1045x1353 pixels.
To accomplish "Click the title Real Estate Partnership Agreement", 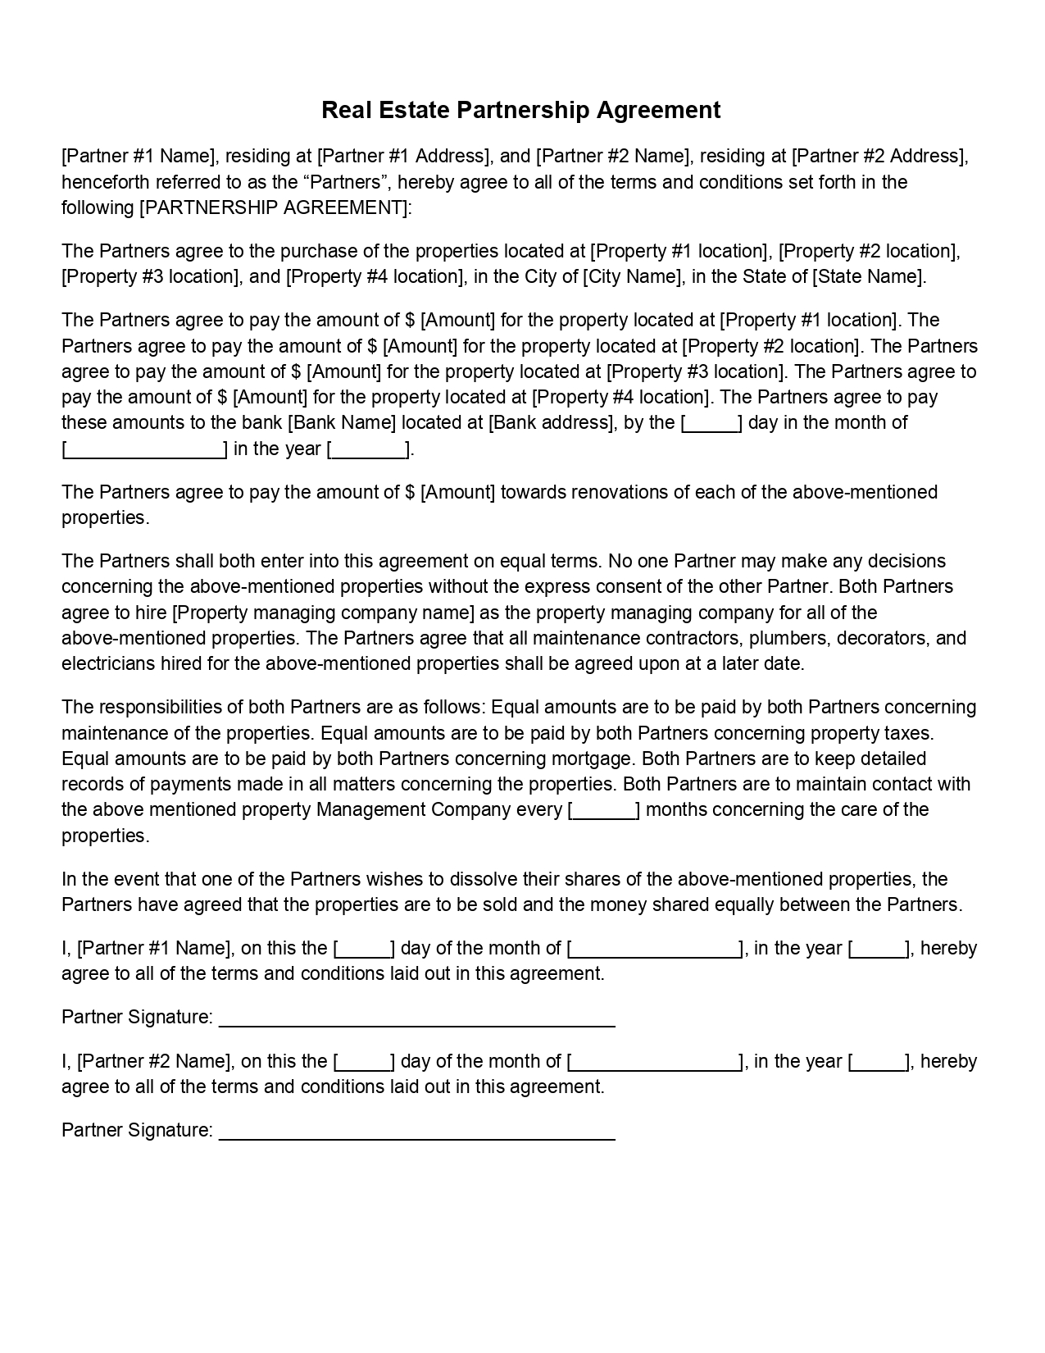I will click(521, 110).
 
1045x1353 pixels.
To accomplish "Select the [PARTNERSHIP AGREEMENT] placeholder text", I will click(275, 207).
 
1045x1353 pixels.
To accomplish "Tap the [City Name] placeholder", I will click(633, 276).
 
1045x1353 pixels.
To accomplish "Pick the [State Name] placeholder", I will click(868, 276).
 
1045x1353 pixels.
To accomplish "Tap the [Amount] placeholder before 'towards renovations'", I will click(457, 492).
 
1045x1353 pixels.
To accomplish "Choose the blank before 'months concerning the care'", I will click(604, 811).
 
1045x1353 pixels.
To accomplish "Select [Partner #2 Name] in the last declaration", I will click(153, 1061).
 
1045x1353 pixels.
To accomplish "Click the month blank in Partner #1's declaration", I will click(654, 950).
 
